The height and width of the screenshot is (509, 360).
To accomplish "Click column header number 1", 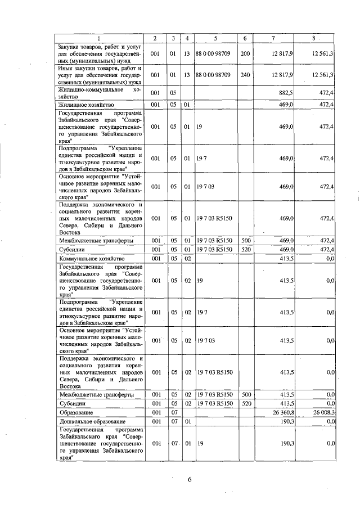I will coord(99,38).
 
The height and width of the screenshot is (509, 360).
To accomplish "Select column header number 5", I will coord(215,38).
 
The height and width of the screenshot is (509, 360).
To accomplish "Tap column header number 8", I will coord(318,38).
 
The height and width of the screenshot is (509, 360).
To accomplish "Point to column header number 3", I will coord(174,38).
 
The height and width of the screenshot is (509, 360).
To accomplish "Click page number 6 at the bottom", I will coord(190,479).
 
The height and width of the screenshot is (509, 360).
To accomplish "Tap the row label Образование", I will coord(75,412).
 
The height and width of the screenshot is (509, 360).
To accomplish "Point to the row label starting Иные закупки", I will coord(99,74).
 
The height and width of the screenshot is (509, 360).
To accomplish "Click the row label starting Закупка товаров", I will coord(99,53).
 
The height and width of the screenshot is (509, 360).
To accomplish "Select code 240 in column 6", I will coord(245,74).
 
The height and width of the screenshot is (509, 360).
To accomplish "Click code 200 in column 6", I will coord(245,53).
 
